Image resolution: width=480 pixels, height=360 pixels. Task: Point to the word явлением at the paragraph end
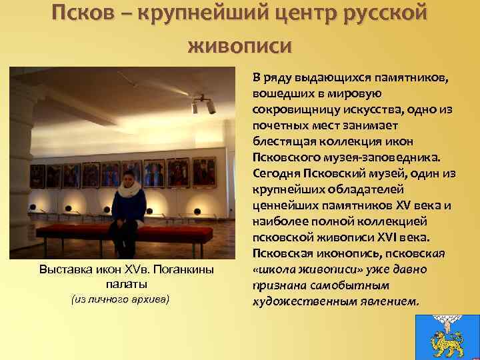(x=386, y=302)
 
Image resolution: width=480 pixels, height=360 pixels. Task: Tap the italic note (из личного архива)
(x=121, y=299)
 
